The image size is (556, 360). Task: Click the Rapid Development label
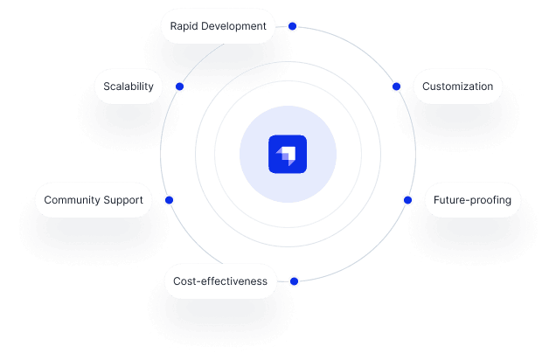pos(218,26)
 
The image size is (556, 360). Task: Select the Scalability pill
pos(129,87)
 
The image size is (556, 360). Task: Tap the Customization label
pos(457,87)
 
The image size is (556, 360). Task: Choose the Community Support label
pos(94,200)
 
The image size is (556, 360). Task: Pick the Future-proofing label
pos(472,200)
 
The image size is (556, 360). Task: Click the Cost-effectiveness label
pos(219,281)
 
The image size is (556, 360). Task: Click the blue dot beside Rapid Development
pos(292,26)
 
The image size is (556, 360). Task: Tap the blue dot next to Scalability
pos(179,87)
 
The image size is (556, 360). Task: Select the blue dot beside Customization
pos(396,87)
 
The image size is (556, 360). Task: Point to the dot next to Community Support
pos(169,200)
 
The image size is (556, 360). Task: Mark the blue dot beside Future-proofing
pos(407,200)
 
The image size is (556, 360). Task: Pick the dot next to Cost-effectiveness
pos(294,281)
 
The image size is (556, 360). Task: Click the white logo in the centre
pos(288,156)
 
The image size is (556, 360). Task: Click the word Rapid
pos(184,26)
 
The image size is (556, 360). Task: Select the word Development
pos(234,26)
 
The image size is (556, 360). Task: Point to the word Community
pos(73,200)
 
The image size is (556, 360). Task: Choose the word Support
pos(123,200)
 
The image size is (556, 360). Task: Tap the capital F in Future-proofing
pos(437,200)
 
